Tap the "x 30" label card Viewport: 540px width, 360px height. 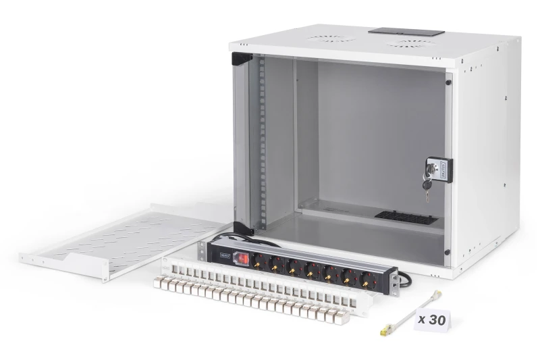pyautogui.click(x=431, y=319)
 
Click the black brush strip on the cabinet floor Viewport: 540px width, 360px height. pyautogui.click(x=406, y=217)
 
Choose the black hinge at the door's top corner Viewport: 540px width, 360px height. pyautogui.click(x=241, y=59)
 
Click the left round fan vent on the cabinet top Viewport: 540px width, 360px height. pyautogui.click(x=331, y=38)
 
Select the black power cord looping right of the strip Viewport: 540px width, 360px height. pyautogui.click(x=404, y=276)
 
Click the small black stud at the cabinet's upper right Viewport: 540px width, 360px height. pyautogui.click(x=448, y=83)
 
